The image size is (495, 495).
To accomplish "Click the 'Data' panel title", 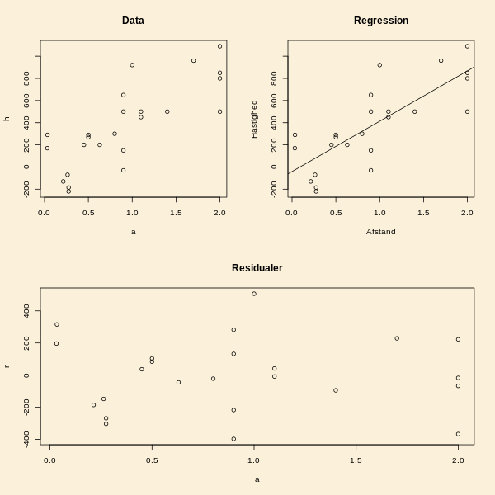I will [133, 21].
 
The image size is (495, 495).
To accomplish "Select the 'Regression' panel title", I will [380, 21].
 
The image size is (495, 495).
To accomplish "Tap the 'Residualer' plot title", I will [257, 268].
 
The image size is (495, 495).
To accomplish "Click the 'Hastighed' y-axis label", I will [254, 119].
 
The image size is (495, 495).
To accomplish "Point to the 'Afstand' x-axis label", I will [380, 232].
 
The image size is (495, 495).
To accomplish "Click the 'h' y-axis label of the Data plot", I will [7, 119].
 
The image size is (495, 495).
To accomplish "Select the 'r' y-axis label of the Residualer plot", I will [7, 365].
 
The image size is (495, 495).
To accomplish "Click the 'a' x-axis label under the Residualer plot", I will [257, 479].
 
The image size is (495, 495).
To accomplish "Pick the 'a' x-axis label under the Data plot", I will [133, 232].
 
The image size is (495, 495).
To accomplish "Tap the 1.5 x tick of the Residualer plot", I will [356, 460].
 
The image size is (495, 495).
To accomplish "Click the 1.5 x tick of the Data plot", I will [176, 213].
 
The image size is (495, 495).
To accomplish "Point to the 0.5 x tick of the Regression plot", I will [336, 213].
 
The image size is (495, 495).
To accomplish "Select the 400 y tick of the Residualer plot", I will [27, 311].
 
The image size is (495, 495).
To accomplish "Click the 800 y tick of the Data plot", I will [27, 78].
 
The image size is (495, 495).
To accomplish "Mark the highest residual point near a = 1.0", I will [254, 294].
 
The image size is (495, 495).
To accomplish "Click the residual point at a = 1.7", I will [397, 338].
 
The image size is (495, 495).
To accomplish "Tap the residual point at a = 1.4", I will [336, 390].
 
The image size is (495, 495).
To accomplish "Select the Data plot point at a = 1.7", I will [194, 60].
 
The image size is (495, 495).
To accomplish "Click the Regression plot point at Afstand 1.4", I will [415, 111].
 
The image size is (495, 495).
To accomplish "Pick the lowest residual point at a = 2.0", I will [458, 434].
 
